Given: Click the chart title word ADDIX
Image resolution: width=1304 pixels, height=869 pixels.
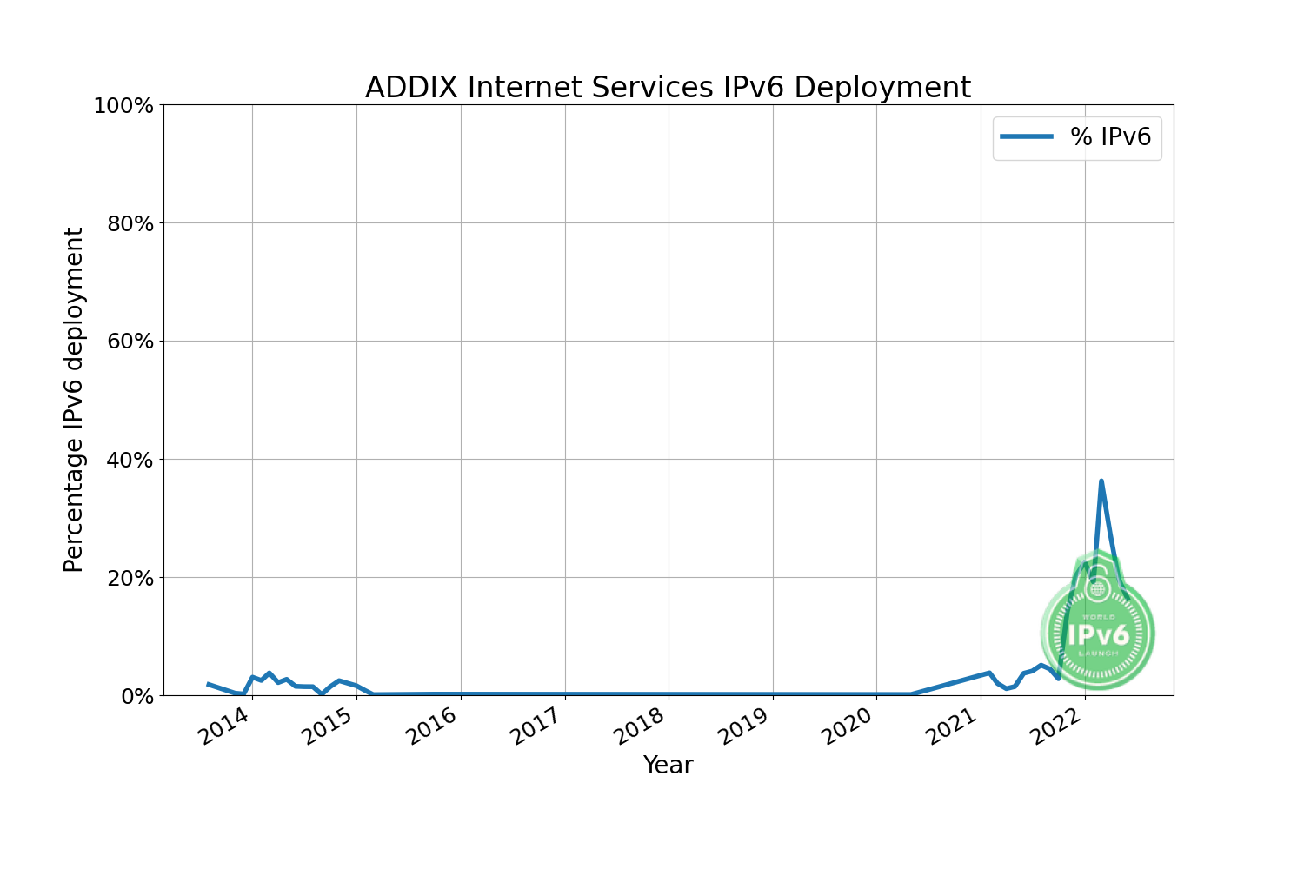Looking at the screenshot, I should coord(412,88).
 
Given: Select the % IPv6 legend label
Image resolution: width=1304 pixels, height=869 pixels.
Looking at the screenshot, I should coord(1110,137).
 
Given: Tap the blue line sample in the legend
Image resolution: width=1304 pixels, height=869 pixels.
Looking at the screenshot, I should coord(1027,137).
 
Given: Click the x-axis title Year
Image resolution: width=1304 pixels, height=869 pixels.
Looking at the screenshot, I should coord(668,766).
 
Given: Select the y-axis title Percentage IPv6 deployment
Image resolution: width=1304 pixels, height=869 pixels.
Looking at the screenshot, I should coord(75,400).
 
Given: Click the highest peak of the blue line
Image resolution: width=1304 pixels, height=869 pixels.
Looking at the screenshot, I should coord(1101,481).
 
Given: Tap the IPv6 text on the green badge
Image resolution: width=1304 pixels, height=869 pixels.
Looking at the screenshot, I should coord(1098,634).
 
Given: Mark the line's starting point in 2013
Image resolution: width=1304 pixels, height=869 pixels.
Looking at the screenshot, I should coord(208,684).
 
